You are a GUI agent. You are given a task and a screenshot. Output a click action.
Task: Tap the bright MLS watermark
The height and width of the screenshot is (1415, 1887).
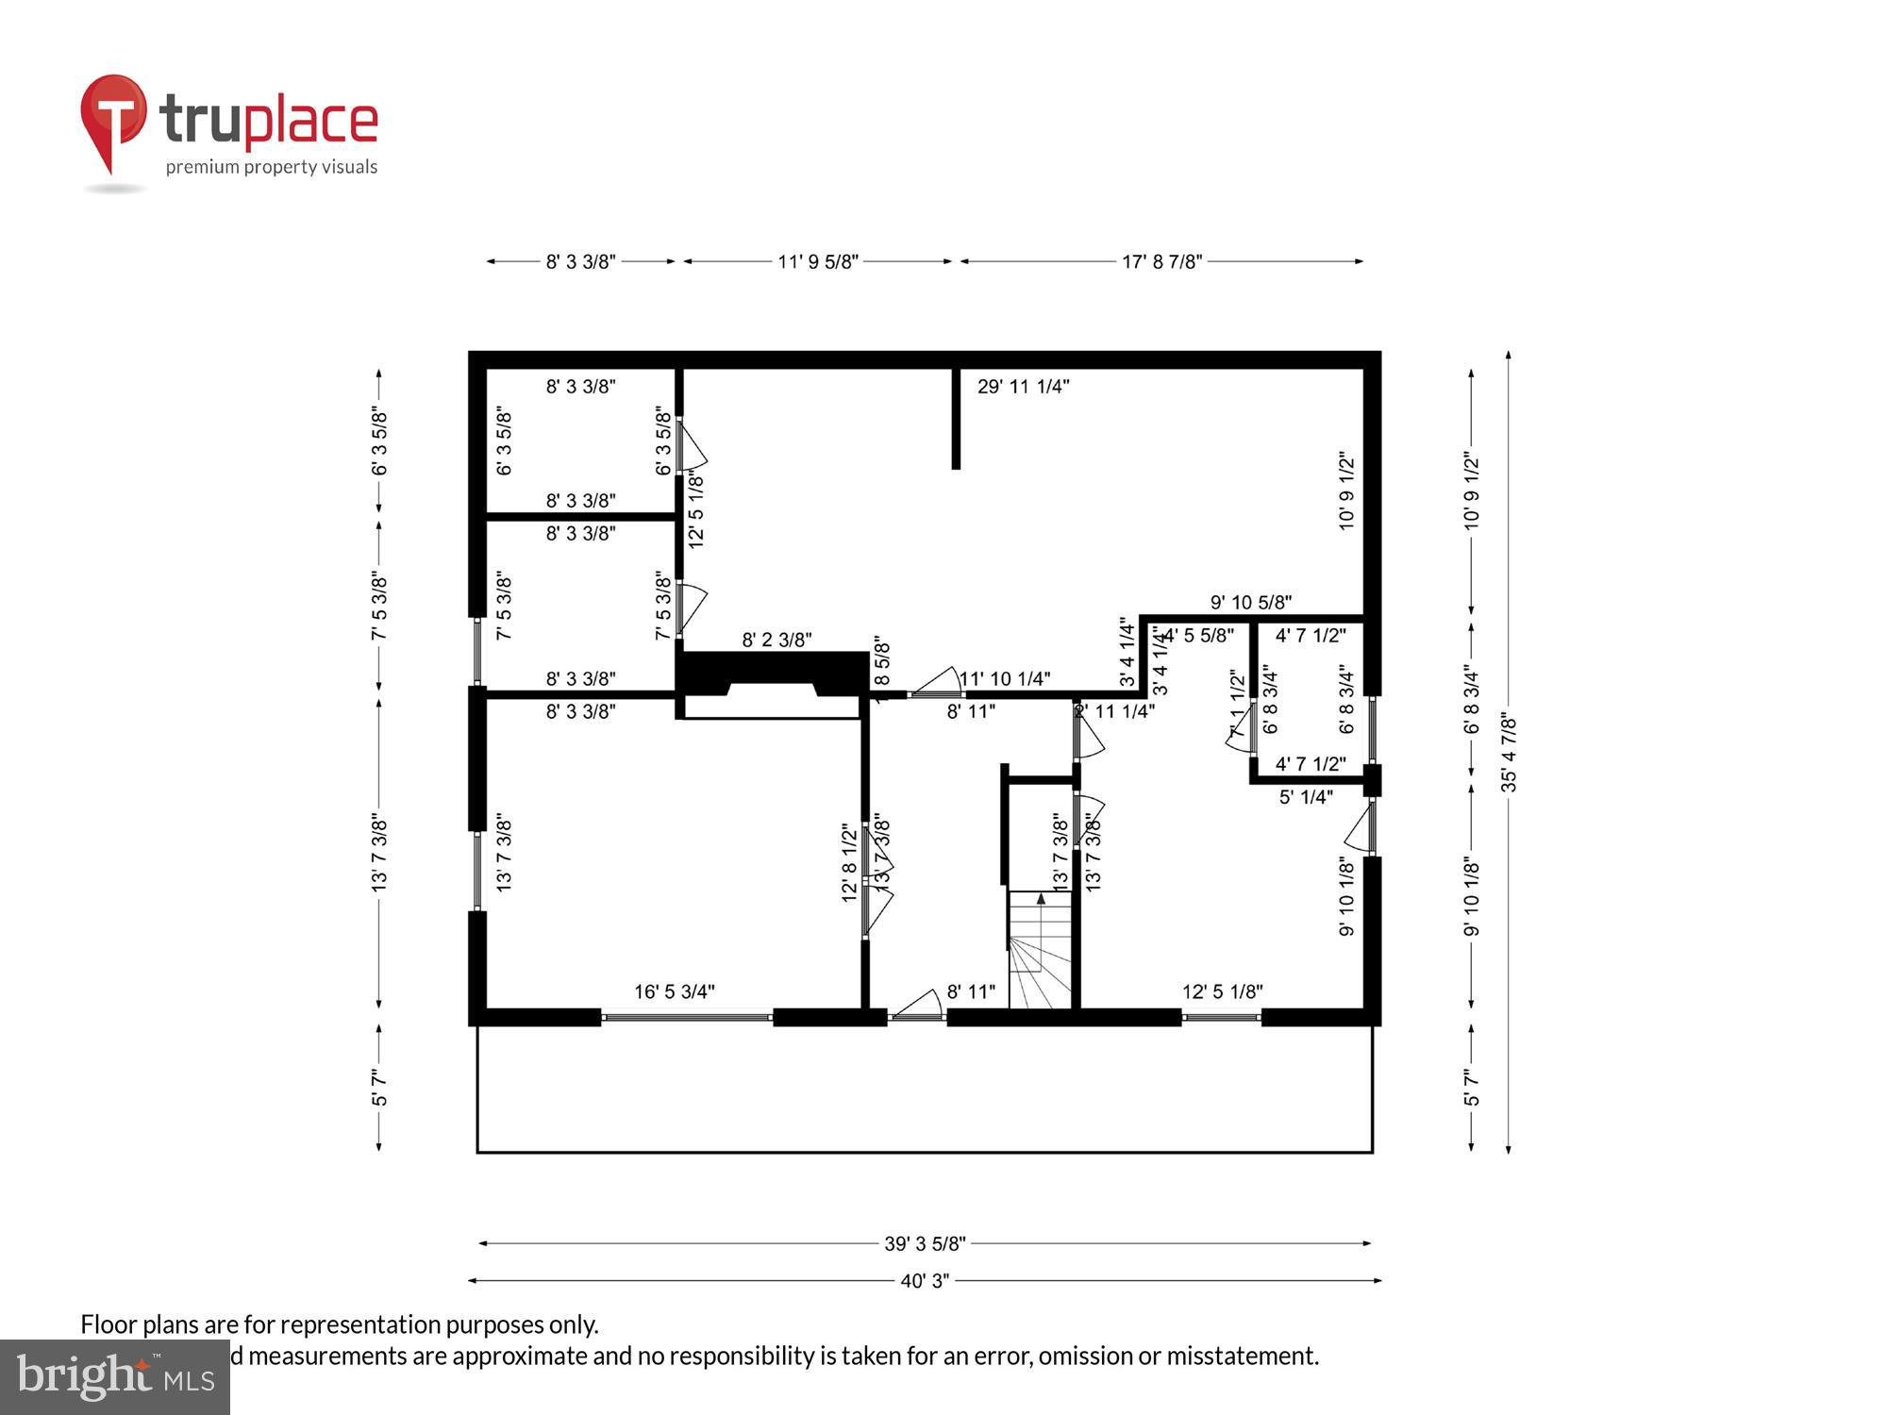click(115, 1377)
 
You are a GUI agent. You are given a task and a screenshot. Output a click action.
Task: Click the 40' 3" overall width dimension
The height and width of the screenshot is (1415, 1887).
click(924, 1281)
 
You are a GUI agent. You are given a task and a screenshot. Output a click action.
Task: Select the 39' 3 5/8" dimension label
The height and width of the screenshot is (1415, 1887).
click(924, 1243)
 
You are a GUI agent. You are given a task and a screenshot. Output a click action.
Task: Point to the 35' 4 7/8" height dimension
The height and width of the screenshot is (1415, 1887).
click(1509, 752)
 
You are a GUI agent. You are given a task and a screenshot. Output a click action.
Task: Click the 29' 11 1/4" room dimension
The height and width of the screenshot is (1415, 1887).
click(1023, 387)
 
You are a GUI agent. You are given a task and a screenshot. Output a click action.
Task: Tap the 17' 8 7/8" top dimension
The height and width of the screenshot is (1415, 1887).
click(1161, 262)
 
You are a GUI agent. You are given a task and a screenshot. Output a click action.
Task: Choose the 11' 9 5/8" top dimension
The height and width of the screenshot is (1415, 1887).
click(817, 262)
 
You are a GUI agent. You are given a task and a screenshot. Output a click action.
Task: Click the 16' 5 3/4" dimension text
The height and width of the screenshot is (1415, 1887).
click(674, 991)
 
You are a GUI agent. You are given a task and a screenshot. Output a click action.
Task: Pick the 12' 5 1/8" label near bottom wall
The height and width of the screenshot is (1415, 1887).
click(1222, 991)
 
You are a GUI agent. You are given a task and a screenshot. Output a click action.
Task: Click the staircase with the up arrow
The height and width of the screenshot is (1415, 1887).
click(1040, 948)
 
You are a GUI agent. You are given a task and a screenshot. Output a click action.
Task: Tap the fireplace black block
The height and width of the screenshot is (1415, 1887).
click(772, 674)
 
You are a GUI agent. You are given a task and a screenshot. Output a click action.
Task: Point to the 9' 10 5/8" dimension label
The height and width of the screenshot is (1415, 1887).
click(1250, 602)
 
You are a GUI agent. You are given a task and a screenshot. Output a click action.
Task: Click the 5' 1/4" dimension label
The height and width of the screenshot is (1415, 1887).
click(1305, 797)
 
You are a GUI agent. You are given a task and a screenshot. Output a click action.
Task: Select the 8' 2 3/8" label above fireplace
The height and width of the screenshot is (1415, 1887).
click(777, 640)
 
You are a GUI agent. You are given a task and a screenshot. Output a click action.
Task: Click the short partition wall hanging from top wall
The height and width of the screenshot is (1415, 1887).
click(956, 419)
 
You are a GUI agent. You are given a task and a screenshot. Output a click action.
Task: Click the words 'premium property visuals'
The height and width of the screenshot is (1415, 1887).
click(272, 167)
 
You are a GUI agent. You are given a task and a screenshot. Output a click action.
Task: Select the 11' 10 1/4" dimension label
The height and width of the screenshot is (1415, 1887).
click(1005, 679)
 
